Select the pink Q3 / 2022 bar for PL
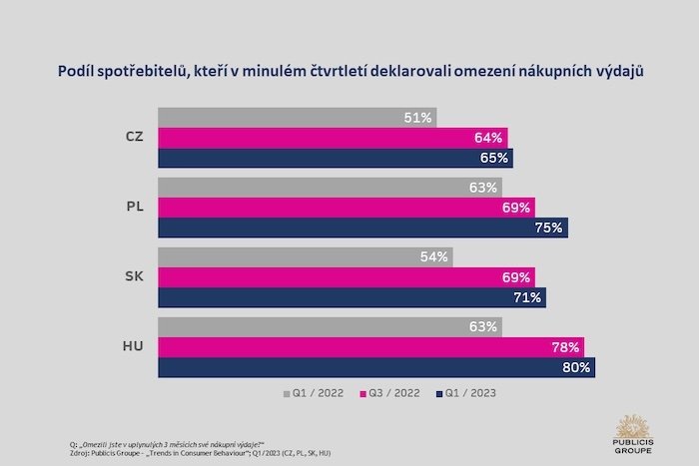coord(348,207)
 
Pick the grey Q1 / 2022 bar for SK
coord(307,256)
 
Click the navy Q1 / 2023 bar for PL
coord(363,227)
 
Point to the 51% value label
coord(417,118)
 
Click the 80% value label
coord(577,367)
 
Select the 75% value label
coord(550,228)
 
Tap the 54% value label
coord(433,257)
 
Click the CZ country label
coord(135,137)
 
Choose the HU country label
coord(134,346)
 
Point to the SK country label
coord(134,276)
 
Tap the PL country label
coord(135,207)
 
